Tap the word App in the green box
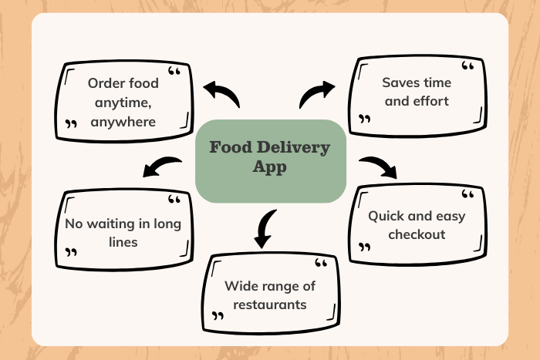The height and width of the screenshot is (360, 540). point(270,167)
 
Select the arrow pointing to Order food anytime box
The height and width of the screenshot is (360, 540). point(221,93)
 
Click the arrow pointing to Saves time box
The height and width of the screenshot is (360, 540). point(317,94)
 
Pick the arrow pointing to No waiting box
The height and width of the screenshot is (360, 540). point(162,167)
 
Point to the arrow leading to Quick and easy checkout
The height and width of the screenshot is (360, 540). point(378,167)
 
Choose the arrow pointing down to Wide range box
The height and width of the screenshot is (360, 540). point(265,229)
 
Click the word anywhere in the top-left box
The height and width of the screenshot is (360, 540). point(123,122)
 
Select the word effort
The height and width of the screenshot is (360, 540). point(430,101)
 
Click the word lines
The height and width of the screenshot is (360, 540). point(123,242)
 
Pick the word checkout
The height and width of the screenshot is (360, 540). point(417,234)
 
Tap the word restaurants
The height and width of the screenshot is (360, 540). point(270,305)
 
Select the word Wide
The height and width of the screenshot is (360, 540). point(238,286)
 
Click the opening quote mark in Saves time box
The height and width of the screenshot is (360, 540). point(467,66)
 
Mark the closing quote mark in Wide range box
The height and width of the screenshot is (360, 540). point(218,315)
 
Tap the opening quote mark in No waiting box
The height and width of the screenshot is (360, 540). point(174,199)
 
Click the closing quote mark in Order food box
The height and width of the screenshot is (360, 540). point(71,123)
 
